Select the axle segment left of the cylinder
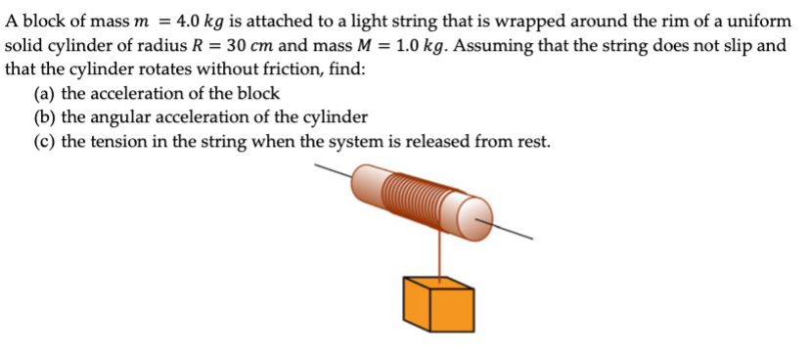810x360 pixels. (x=334, y=172)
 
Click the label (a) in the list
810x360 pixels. (x=44, y=94)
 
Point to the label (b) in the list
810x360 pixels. (x=44, y=118)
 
